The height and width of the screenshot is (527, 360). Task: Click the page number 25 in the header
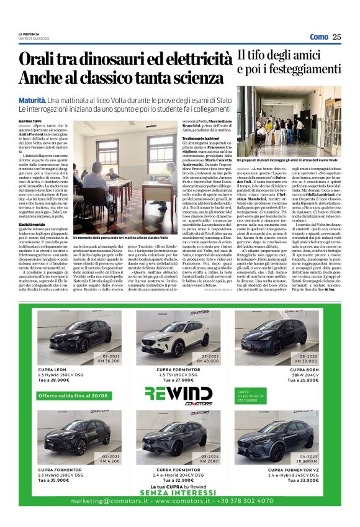pos(336,37)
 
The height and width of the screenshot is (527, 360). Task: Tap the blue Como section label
pos(318,37)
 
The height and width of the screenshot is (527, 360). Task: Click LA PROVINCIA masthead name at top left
pos(29,33)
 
